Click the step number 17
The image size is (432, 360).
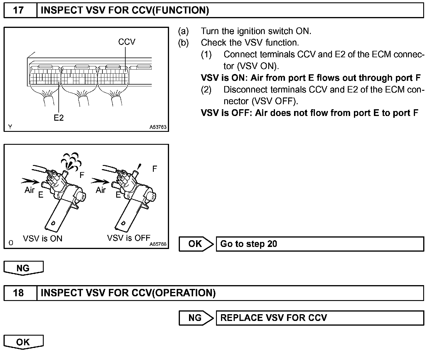(18, 11)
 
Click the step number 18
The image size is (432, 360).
(18, 293)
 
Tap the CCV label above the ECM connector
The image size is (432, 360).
(126, 42)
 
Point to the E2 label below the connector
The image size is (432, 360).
(59, 118)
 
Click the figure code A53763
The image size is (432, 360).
(158, 127)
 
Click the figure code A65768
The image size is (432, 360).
(158, 244)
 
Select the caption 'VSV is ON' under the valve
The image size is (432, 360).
(43, 238)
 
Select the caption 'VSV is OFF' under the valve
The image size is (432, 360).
(129, 238)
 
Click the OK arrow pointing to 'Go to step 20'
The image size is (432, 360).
(196, 244)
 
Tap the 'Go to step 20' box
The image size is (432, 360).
(320, 244)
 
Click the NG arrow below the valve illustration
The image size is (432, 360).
(23, 268)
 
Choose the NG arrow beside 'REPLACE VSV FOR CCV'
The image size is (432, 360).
(196, 318)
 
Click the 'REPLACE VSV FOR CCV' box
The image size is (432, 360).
(320, 318)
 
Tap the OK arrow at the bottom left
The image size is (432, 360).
(23, 342)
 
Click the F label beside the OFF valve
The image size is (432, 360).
(155, 169)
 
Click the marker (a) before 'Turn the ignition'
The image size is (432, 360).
(183, 31)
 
